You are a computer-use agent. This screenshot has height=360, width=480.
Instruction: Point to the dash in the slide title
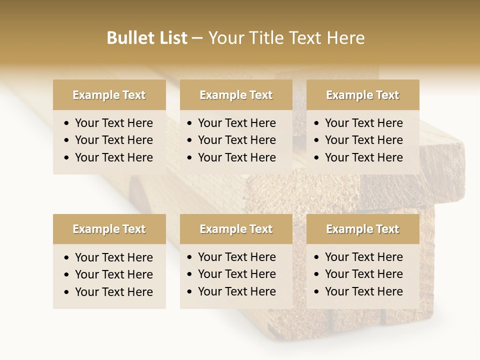(x=197, y=38)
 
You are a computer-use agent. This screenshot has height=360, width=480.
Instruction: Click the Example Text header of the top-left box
(x=109, y=95)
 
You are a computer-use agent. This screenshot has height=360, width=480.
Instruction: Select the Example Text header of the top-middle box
(x=236, y=95)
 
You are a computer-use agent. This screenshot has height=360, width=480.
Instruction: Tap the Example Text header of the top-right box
(x=362, y=95)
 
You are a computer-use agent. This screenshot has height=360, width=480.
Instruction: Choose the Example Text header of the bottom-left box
(x=109, y=229)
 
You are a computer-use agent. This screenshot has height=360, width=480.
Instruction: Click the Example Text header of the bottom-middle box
(x=236, y=229)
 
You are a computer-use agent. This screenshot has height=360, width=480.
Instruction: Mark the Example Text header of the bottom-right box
(x=362, y=229)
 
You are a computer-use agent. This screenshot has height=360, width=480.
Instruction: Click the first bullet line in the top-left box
(x=113, y=123)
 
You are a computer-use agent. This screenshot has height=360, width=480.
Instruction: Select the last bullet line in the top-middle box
(x=236, y=157)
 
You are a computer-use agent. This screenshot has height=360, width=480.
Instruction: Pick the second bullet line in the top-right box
(x=363, y=140)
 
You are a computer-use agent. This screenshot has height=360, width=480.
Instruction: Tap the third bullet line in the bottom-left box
(x=113, y=291)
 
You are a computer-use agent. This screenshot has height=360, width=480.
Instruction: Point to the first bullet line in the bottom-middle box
(x=236, y=257)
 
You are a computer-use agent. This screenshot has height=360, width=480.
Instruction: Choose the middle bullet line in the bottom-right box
(x=363, y=274)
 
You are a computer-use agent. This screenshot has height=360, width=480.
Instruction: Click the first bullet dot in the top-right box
(x=316, y=123)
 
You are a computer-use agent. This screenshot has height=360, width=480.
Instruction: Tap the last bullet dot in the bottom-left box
(x=66, y=292)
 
